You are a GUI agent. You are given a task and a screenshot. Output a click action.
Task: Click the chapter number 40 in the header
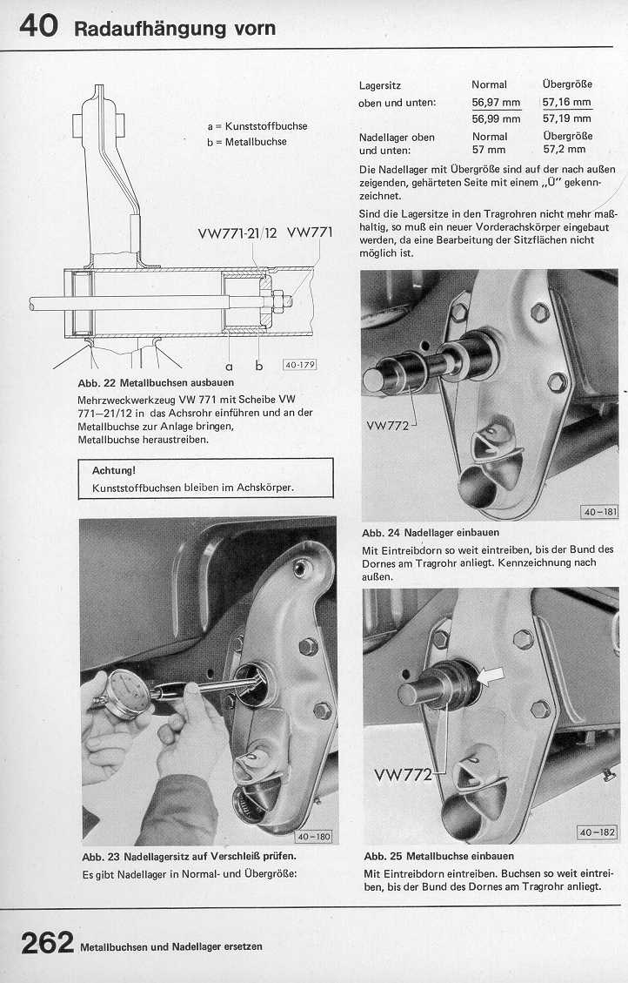pyautogui.click(x=37, y=26)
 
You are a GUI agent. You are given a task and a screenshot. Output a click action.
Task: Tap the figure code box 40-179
pyautogui.click(x=299, y=364)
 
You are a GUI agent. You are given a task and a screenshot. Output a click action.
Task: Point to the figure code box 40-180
pyautogui.click(x=315, y=837)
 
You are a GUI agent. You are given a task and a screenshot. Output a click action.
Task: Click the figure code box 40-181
pyautogui.click(x=598, y=512)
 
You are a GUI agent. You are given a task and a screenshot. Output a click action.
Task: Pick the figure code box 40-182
pyautogui.click(x=598, y=832)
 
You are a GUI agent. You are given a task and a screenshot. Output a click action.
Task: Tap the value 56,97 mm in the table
pyautogui.click(x=496, y=103)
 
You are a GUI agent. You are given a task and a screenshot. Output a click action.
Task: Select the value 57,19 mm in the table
pyautogui.click(x=566, y=118)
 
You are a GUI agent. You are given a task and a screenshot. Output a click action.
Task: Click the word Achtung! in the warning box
pyautogui.click(x=114, y=470)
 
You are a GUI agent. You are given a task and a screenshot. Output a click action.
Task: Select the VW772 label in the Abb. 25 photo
pyautogui.click(x=403, y=774)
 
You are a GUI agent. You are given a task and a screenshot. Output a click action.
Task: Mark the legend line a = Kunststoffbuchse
pyautogui.click(x=257, y=126)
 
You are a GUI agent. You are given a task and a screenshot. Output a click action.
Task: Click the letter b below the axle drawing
pyautogui.click(x=258, y=366)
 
